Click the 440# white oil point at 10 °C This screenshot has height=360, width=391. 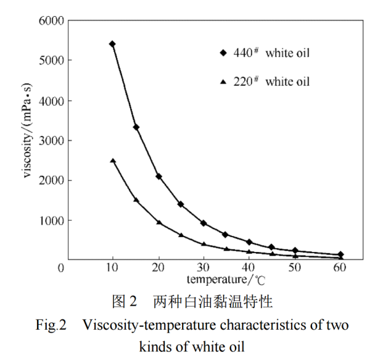coord(112,44)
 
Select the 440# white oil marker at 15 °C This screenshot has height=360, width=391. coord(136,127)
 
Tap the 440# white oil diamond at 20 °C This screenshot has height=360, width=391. coord(158,177)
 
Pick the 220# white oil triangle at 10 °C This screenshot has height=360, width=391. coord(113,161)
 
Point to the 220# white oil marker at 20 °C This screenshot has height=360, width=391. coord(158,222)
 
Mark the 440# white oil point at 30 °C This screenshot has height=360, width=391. coord(204,223)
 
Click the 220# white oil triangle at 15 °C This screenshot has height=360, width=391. coord(136,200)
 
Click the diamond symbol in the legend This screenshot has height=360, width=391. coord(223,53)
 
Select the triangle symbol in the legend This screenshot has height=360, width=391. coord(223,82)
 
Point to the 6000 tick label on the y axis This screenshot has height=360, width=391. coord(52,20)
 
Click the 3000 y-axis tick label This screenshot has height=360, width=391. coord(52,141)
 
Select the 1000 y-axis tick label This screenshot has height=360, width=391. coord(52,220)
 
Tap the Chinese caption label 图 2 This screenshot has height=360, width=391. coord(124,302)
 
